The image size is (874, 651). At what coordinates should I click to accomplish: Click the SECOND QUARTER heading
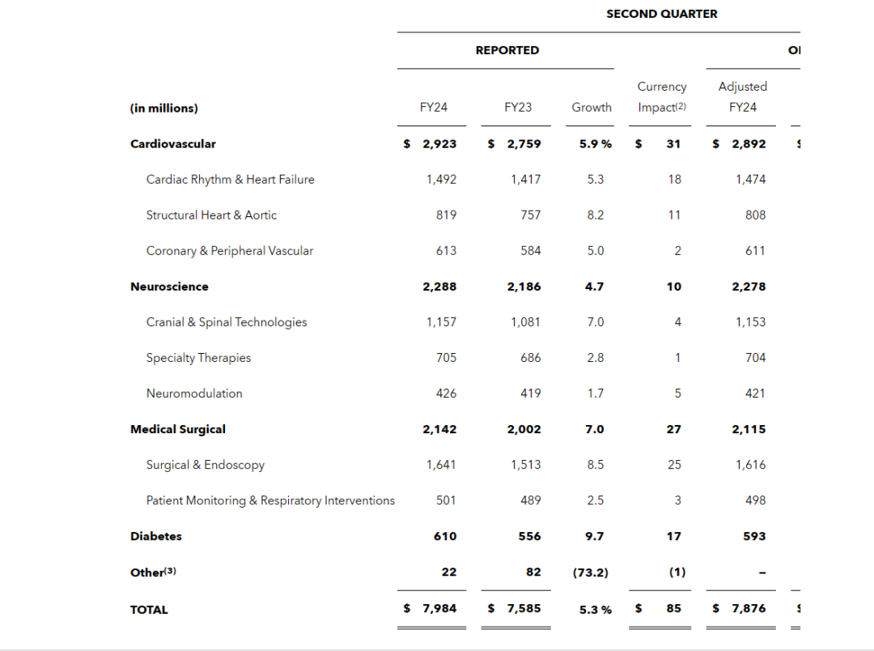point(661,14)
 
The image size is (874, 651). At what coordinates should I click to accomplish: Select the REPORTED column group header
point(507,50)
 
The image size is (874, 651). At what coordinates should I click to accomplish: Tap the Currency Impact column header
point(661,97)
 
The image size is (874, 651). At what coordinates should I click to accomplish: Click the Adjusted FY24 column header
point(742,97)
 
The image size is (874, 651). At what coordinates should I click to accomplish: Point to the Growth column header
point(592,108)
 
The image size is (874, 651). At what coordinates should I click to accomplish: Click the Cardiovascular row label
point(173,144)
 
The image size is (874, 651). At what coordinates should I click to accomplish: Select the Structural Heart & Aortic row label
point(211,215)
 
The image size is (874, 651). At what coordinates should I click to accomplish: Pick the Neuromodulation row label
point(194,394)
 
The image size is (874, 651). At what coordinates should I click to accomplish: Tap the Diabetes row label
point(156,536)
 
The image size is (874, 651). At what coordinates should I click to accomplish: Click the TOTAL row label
point(149,610)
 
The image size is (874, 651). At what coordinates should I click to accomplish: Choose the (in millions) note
point(163,108)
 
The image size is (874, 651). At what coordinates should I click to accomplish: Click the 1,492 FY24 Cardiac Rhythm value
point(441,180)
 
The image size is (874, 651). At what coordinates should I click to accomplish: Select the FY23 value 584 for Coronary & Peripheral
point(531,251)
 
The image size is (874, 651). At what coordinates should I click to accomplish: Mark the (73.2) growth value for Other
point(591,572)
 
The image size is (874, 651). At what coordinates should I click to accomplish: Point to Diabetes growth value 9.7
point(595,536)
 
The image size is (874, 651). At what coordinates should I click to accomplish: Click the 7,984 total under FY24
point(439,608)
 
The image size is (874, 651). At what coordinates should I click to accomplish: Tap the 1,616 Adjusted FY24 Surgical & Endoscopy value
point(750,465)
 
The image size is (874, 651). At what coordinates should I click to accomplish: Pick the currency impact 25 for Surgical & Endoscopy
point(674,465)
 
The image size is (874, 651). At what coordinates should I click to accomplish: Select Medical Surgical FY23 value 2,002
point(524,429)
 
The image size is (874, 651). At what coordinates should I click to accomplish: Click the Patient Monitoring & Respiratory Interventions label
point(270,500)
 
